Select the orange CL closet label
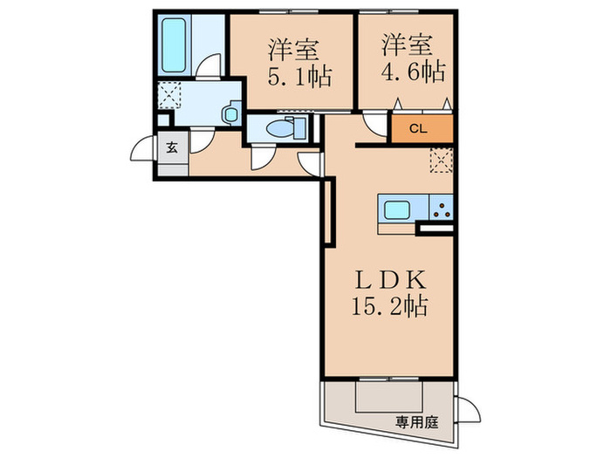click(417, 129)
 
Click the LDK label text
click(388, 280)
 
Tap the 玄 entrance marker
click(171, 147)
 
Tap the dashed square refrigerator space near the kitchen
click(442, 158)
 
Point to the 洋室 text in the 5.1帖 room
click(291, 49)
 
